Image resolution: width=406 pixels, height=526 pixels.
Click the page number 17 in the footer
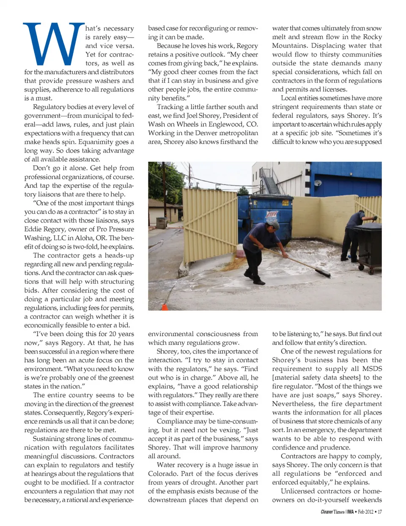380,512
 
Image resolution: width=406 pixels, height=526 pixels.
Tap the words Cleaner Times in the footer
333,512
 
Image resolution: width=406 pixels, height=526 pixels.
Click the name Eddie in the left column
31,229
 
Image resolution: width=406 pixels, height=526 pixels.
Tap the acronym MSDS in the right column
372,369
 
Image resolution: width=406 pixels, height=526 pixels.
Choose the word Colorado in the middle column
163,474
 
